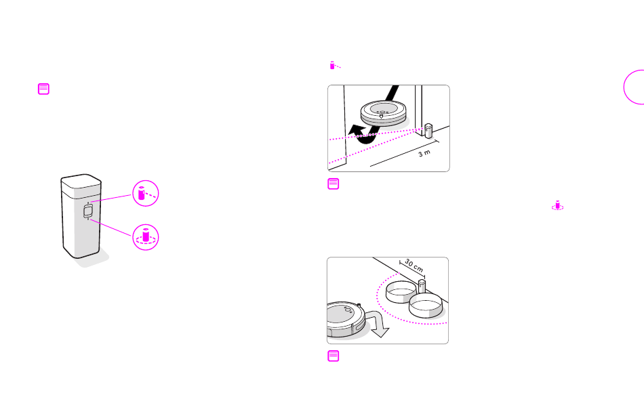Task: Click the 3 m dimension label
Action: pyautogui.click(x=424, y=153)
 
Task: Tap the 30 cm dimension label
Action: pyautogui.click(x=414, y=266)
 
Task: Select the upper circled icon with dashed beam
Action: pyautogui.click(x=145, y=193)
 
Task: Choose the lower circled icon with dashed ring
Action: pyautogui.click(x=145, y=237)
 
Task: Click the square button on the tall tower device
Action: pyautogui.click(x=88, y=211)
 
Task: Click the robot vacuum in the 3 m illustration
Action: pyautogui.click(x=384, y=112)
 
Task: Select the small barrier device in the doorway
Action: pyautogui.click(x=428, y=131)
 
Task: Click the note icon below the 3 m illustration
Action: pyautogui.click(x=333, y=184)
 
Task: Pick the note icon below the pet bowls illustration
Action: pyautogui.click(x=333, y=356)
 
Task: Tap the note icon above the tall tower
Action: pyautogui.click(x=43, y=89)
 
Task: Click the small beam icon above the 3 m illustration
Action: pyautogui.click(x=335, y=65)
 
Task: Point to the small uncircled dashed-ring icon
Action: pyautogui.click(x=557, y=205)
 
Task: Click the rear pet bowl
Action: pyautogui.click(x=401, y=291)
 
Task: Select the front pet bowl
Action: pyautogui.click(x=426, y=306)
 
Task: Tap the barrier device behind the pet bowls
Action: pyautogui.click(x=422, y=286)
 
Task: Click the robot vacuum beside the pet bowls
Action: pyautogui.click(x=346, y=320)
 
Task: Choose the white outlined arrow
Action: pyautogui.click(x=378, y=323)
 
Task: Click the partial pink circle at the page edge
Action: pyautogui.click(x=625, y=87)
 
